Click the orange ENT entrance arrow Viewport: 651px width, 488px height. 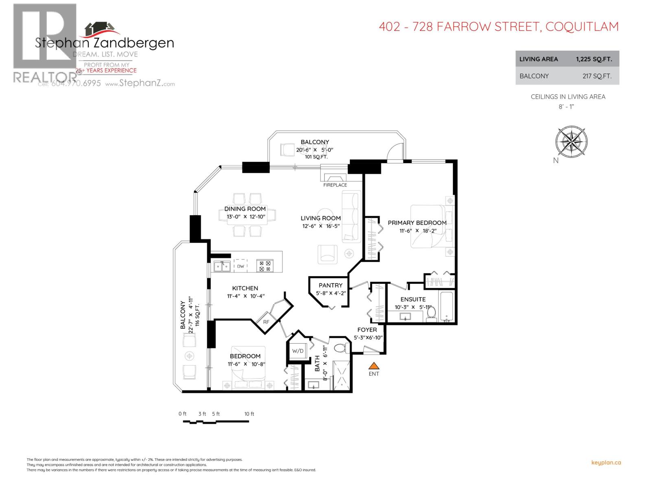(x=374, y=365)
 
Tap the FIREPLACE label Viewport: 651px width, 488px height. (x=335, y=185)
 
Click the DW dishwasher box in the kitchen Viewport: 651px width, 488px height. (x=240, y=266)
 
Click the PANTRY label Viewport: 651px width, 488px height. (x=330, y=285)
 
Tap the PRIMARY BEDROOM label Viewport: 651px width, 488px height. (x=417, y=223)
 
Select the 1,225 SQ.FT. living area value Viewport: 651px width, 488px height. (x=594, y=59)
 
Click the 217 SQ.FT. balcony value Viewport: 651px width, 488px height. (x=596, y=76)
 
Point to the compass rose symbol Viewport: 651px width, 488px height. (x=571, y=142)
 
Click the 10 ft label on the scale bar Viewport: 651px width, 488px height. (x=249, y=414)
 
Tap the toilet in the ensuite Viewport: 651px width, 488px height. (x=431, y=314)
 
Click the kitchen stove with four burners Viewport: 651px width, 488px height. (x=265, y=266)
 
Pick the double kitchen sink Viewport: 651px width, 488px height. (x=222, y=266)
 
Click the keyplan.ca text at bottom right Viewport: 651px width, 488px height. (x=606, y=462)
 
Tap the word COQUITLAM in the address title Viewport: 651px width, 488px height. (x=582, y=27)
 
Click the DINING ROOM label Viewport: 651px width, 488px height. (x=245, y=209)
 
